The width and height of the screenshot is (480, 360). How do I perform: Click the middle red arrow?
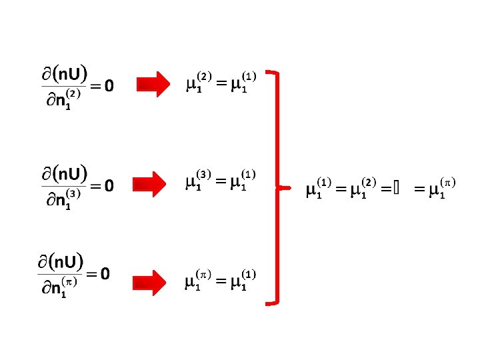pyautogui.click(x=153, y=184)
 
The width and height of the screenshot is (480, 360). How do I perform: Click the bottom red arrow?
pyautogui.click(x=153, y=282)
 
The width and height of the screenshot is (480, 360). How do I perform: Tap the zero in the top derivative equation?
pyautogui.click(x=109, y=86)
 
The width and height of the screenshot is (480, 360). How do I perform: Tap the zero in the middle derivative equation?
pyautogui.click(x=109, y=185)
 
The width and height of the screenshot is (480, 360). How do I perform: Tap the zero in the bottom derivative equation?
pyautogui.click(x=105, y=273)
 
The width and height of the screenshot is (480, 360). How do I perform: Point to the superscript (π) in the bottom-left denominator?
pyautogui.click(x=68, y=282)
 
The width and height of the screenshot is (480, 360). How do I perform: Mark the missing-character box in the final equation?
pyautogui.click(x=396, y=190)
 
